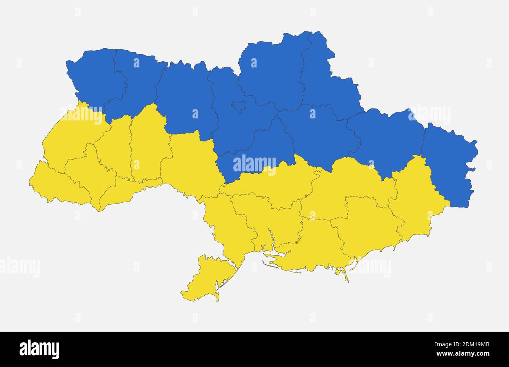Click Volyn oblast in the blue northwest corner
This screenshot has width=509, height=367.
pyautogui.click(x=94, y=74)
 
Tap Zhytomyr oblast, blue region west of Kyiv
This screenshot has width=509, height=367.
pyautogui.click(x=184, y=98)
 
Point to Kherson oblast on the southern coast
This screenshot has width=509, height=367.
pyautogui.click(x=313, y=247)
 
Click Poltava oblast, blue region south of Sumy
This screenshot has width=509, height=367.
pyautogui.click(x=317, y=133)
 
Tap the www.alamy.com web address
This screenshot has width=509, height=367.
pyautogui.click(x=462, y=354)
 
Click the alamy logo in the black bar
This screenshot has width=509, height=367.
pyautogui.click(x=39, y=349)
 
